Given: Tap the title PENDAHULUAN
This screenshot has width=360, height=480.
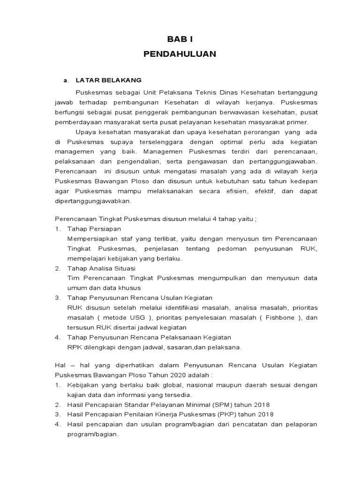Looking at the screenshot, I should (x=180, y=54).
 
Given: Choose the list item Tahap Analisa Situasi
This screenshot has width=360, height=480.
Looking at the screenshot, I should (x=101, y=268).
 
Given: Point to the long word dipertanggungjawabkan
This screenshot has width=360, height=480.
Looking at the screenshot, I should (x=93, y=201).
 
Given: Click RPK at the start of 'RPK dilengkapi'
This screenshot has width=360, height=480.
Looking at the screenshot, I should (x=75, y=347).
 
